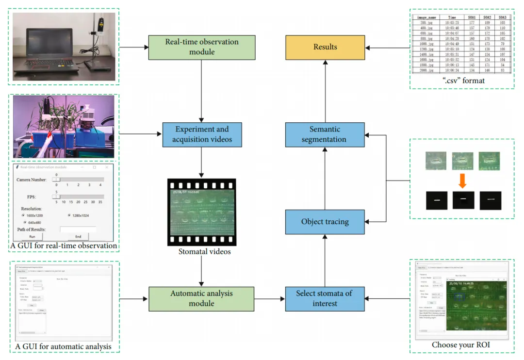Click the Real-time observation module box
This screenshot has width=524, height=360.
[x=202, y=47]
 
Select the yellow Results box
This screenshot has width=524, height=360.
[x=325, y=47]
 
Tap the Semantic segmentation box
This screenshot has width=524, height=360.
[x=325, y=134]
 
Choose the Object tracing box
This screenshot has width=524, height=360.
[x=325, y=222]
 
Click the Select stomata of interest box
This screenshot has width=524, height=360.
[x=325, y=298]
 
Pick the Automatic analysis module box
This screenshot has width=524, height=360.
[x=202, y=298]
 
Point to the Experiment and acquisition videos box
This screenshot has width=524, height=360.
[x=202, y=134]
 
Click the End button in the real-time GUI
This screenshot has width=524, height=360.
[x=78, y=237]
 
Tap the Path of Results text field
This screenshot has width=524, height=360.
[x=78, y=229]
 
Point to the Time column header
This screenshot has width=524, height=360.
[x=452, y=17]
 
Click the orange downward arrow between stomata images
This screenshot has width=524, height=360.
[x=462, y=181]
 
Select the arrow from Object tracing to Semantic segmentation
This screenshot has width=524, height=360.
[x=325, y=179]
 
